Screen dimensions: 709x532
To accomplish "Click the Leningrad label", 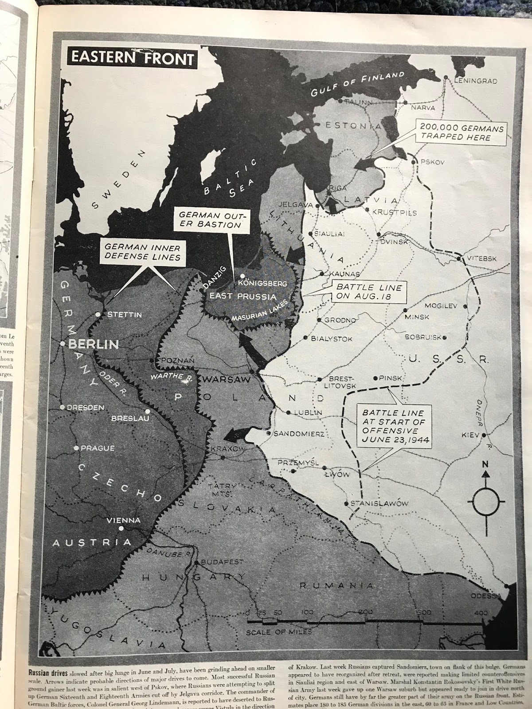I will [x=475, y=81].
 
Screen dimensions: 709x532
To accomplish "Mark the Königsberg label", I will [x=263, y=283].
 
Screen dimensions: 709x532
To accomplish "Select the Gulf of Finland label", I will [x=357, y=84].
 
